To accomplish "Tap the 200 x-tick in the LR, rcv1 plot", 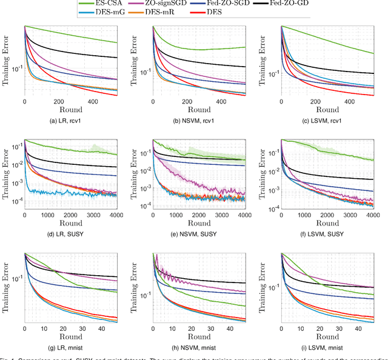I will click(59, 102).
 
